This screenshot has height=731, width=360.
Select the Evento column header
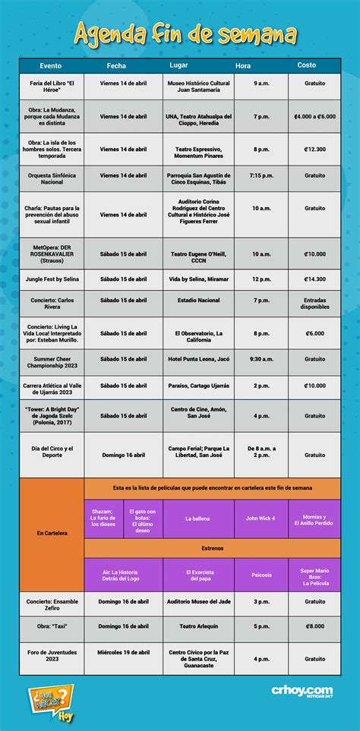pyautogui.click(x=51, y=65)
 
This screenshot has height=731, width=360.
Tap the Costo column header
pyautogui.click(x=307, y=65)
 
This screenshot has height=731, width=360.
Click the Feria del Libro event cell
pyautogui.click(x=52, y=86)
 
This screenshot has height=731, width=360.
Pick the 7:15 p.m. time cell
pyautogui.click(x=261, y=175)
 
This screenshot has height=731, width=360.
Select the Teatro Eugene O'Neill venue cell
pyautogui.click(x=197, y=254)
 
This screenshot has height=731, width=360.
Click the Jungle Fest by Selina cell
pyautogui.click(x=52, y=279)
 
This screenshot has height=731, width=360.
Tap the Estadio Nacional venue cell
pyautogui.click(x=197, y=300)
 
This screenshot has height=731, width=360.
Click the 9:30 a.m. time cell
pyautogui.click(x=261, y=359)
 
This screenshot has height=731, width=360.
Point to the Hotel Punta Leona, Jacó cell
pyautogui.click(x=197, y=359)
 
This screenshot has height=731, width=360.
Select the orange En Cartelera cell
pyautogui.click(x=52, y=533)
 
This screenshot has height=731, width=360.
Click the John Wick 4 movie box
pyautogui.click(x=261, y=519)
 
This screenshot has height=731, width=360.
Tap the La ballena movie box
pyautogui.click(x=197, y=519)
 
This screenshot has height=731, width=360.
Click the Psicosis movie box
pyautogui.click(x=261, y=575)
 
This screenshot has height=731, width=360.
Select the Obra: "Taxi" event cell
pyautogui.click(x=52, y=626)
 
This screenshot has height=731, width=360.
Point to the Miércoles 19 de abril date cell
pyautogui.click(x=123, y=652)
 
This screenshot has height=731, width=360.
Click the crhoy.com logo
pyautogui.click(x=302, y=690)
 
